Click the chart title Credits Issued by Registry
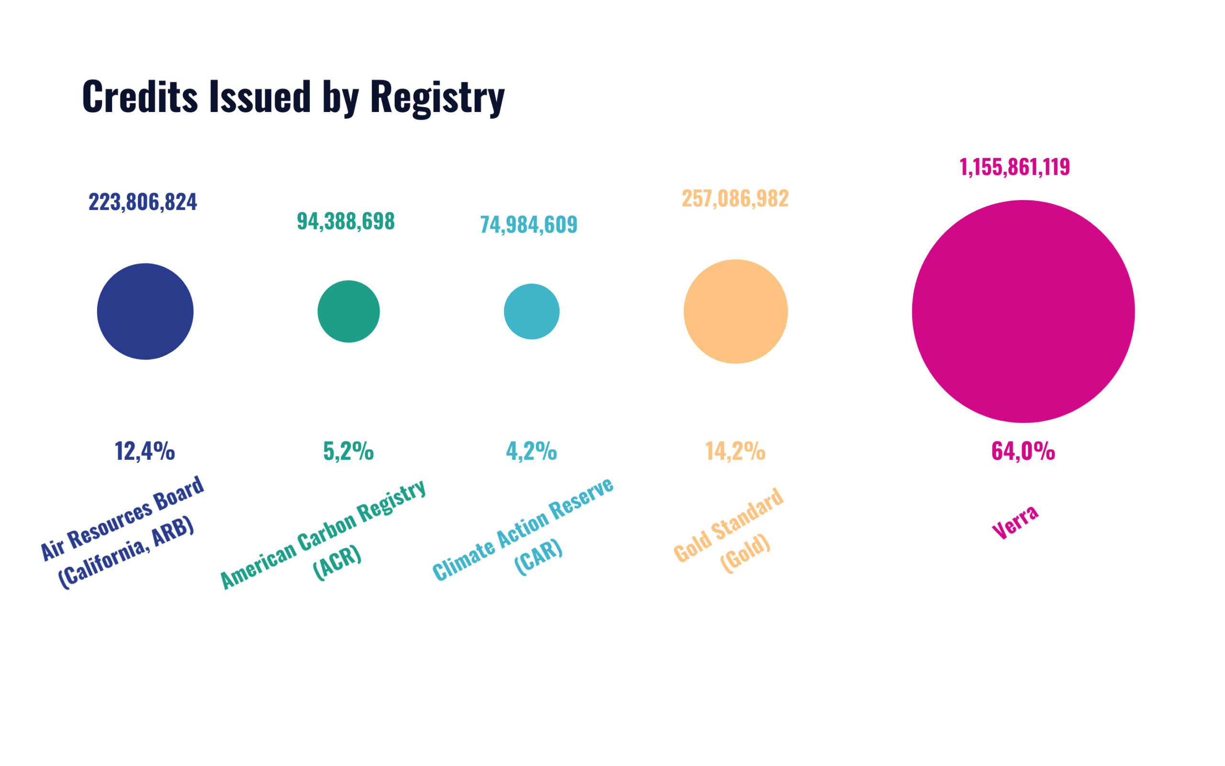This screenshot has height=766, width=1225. tap(293, 96)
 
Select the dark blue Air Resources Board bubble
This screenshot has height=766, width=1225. tap(145, 311)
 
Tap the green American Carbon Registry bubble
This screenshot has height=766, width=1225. tap(348, 311)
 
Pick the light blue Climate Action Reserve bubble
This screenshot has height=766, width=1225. tap(531, 311)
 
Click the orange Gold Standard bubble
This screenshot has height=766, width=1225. tap(735, 311)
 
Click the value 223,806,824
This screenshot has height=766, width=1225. tap(143, 202)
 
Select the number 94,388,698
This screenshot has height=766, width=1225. tap(345, 222)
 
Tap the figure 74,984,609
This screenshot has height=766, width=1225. tap(528, 224)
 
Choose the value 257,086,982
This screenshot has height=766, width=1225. tap(735, 198)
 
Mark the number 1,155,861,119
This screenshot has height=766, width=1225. tap(1014, 167)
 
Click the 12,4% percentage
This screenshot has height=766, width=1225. tap(145, 450)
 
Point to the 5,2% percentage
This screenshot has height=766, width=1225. tap(348, 450)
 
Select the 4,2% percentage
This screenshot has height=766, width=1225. tap(531, 450)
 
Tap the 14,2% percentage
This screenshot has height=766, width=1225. tap(735, 450)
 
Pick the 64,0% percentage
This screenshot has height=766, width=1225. tap(1023, 450)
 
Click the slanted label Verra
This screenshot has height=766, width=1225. tap(1015, 522)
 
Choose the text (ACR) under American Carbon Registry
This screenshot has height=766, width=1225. tap(337, 562)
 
